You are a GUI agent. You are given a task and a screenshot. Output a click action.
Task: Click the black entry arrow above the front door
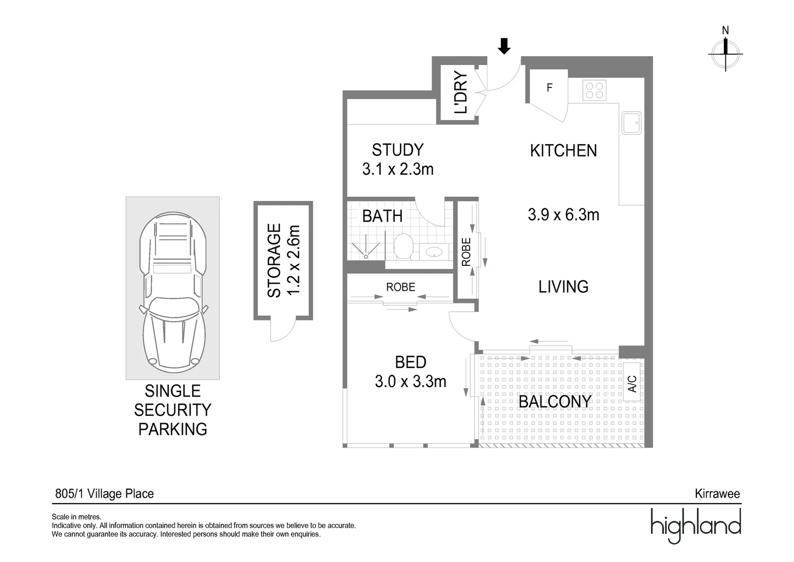coord(504,46)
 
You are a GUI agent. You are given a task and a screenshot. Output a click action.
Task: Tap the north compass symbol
coord(725,50)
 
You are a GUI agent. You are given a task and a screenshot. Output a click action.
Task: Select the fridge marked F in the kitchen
coord(549,88)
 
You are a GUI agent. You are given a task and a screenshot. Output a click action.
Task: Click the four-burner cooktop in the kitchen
coord(595,90)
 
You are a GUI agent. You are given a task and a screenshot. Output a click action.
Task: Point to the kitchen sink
coord(631,123)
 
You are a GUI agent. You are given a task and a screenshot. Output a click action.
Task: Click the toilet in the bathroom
coord(403,246)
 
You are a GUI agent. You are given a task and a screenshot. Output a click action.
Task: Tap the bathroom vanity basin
coord(434,252)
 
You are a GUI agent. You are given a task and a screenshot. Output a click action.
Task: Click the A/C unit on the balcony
coord(632,384)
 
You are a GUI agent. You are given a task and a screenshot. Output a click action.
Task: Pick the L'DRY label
coord(460,93)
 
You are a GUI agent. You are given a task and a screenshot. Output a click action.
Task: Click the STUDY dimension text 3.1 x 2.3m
coord(398,169)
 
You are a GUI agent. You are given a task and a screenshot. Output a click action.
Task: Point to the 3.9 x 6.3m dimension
coord(563,214)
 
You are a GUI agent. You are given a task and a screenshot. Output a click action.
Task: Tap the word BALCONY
coord(554,401)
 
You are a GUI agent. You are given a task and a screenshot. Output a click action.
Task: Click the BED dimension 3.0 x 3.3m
coord(411,381)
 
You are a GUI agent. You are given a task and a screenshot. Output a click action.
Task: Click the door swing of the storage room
coord(283,330)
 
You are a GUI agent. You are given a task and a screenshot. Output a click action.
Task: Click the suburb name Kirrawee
coord(717,494)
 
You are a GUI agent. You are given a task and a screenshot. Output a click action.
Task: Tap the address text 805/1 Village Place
coord(104,494)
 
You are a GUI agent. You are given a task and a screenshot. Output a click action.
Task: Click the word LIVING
coord(563,287)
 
